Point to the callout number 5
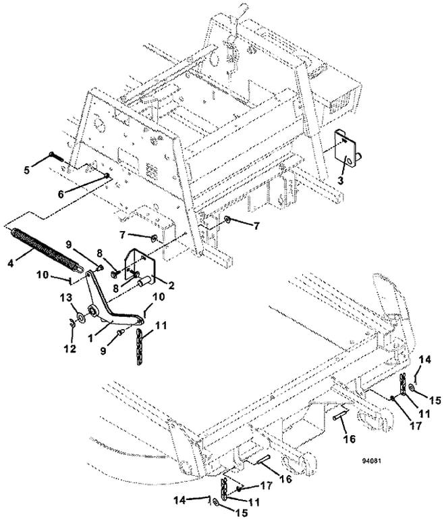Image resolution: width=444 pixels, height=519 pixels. coord(27,170)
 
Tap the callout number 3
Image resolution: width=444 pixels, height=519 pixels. coord(341,181)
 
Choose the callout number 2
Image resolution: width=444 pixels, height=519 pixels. coord(171,286)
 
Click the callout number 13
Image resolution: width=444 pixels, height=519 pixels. coord(65,298)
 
